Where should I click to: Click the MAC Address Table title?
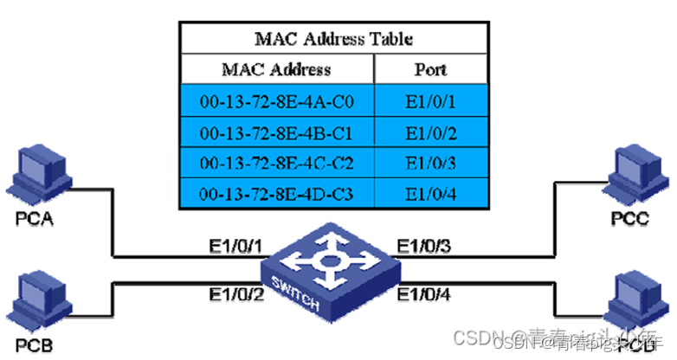(x=333, y=39)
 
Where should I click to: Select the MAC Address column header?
(x=276, y=69)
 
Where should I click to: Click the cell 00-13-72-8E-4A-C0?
(x=276, y=102)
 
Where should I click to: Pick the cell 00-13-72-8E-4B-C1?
(x=276, y=132)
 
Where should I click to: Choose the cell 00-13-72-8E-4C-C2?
(x=276, y=162)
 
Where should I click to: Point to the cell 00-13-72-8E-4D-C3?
(x=276, y=192)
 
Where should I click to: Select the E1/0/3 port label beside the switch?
(x=424, y=247)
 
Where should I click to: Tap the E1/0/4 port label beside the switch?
(x=424, y=296)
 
